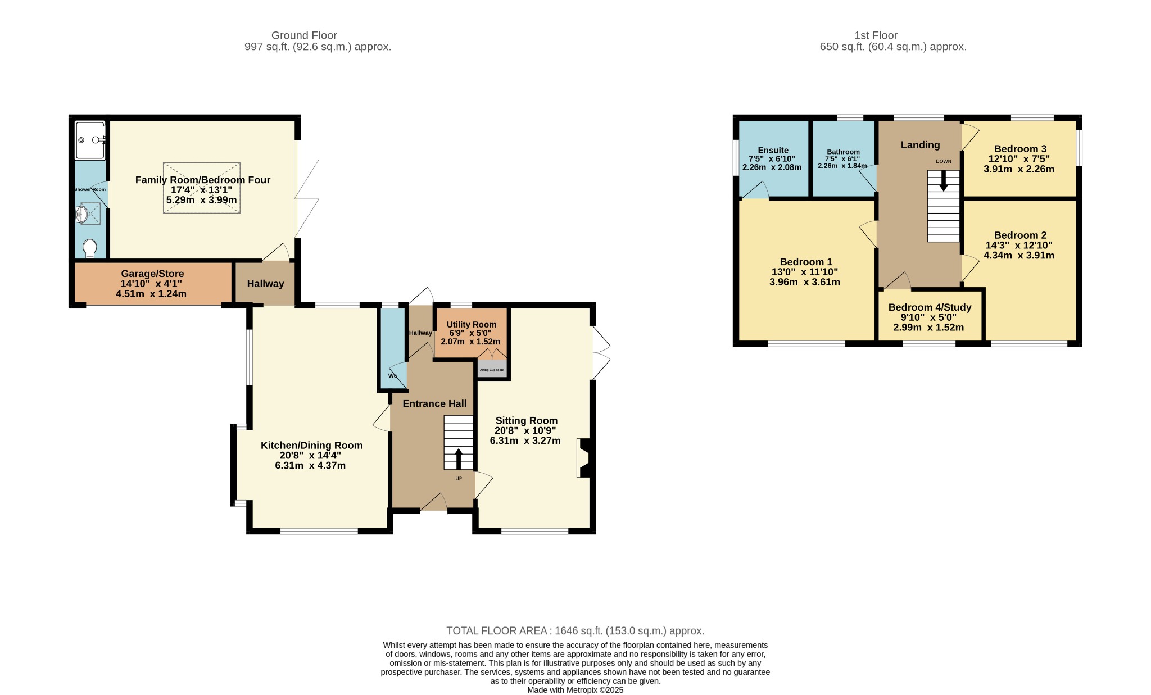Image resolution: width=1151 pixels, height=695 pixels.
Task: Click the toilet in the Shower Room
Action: pyautogui.click(x=90, y=248)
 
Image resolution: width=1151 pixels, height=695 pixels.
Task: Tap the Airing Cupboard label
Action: pyautogui.click(x=492, y=370)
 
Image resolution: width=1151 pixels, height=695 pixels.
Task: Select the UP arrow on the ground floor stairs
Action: pyautogui.click(x=459, y=458)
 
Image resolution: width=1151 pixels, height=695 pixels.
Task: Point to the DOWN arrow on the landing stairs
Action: pyautogui.click(x=943, y=180)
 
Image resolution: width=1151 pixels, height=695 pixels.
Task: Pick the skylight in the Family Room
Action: pyautogui.click(x=202, y=188)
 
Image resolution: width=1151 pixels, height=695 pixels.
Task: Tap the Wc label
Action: pyautogui.click(x=393, y=376)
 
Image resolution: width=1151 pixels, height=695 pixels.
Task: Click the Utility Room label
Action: pyautogui.click(x=472, y=324)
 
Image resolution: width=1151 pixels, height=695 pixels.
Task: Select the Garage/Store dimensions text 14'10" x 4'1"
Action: pyautogui.click(x=151, y=284)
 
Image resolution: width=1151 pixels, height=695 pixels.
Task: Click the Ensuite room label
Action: pyautogui.click(x=773, y=150)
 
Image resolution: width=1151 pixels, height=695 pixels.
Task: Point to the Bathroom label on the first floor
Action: pyautogui.click(x=843, y=152)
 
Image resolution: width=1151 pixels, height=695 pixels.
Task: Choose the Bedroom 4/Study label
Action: pyautogui.click(x=930, y=307)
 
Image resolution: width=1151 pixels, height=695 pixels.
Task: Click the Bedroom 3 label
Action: pyautogui.click(x=1020, y=149)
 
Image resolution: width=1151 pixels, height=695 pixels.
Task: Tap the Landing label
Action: pyautogui.click(x=920, y=145)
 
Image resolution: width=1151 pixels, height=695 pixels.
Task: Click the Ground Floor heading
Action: pyautogui.click(x=304, y=35)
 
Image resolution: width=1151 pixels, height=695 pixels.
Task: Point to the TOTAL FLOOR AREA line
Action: pyautogui.click(x=575, y=631)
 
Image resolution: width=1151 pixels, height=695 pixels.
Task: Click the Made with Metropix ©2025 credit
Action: pyautogui.click(x=575, y=690)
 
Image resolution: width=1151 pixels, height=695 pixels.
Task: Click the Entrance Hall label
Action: pyautogui.click(x=434, y=403)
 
